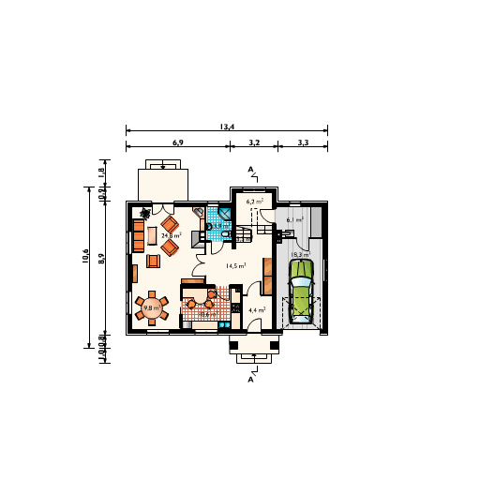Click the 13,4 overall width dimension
227,126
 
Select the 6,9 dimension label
177,142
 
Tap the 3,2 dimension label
254,142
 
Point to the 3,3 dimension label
303,142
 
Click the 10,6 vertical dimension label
85,257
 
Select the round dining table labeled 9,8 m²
151,307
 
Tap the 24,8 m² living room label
171,236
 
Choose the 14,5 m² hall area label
236,265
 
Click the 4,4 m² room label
256,309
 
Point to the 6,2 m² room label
254,201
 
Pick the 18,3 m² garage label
301,254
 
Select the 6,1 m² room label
294,219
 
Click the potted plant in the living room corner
142,213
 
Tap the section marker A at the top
251,169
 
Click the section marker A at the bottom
251,380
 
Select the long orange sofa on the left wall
138,235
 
